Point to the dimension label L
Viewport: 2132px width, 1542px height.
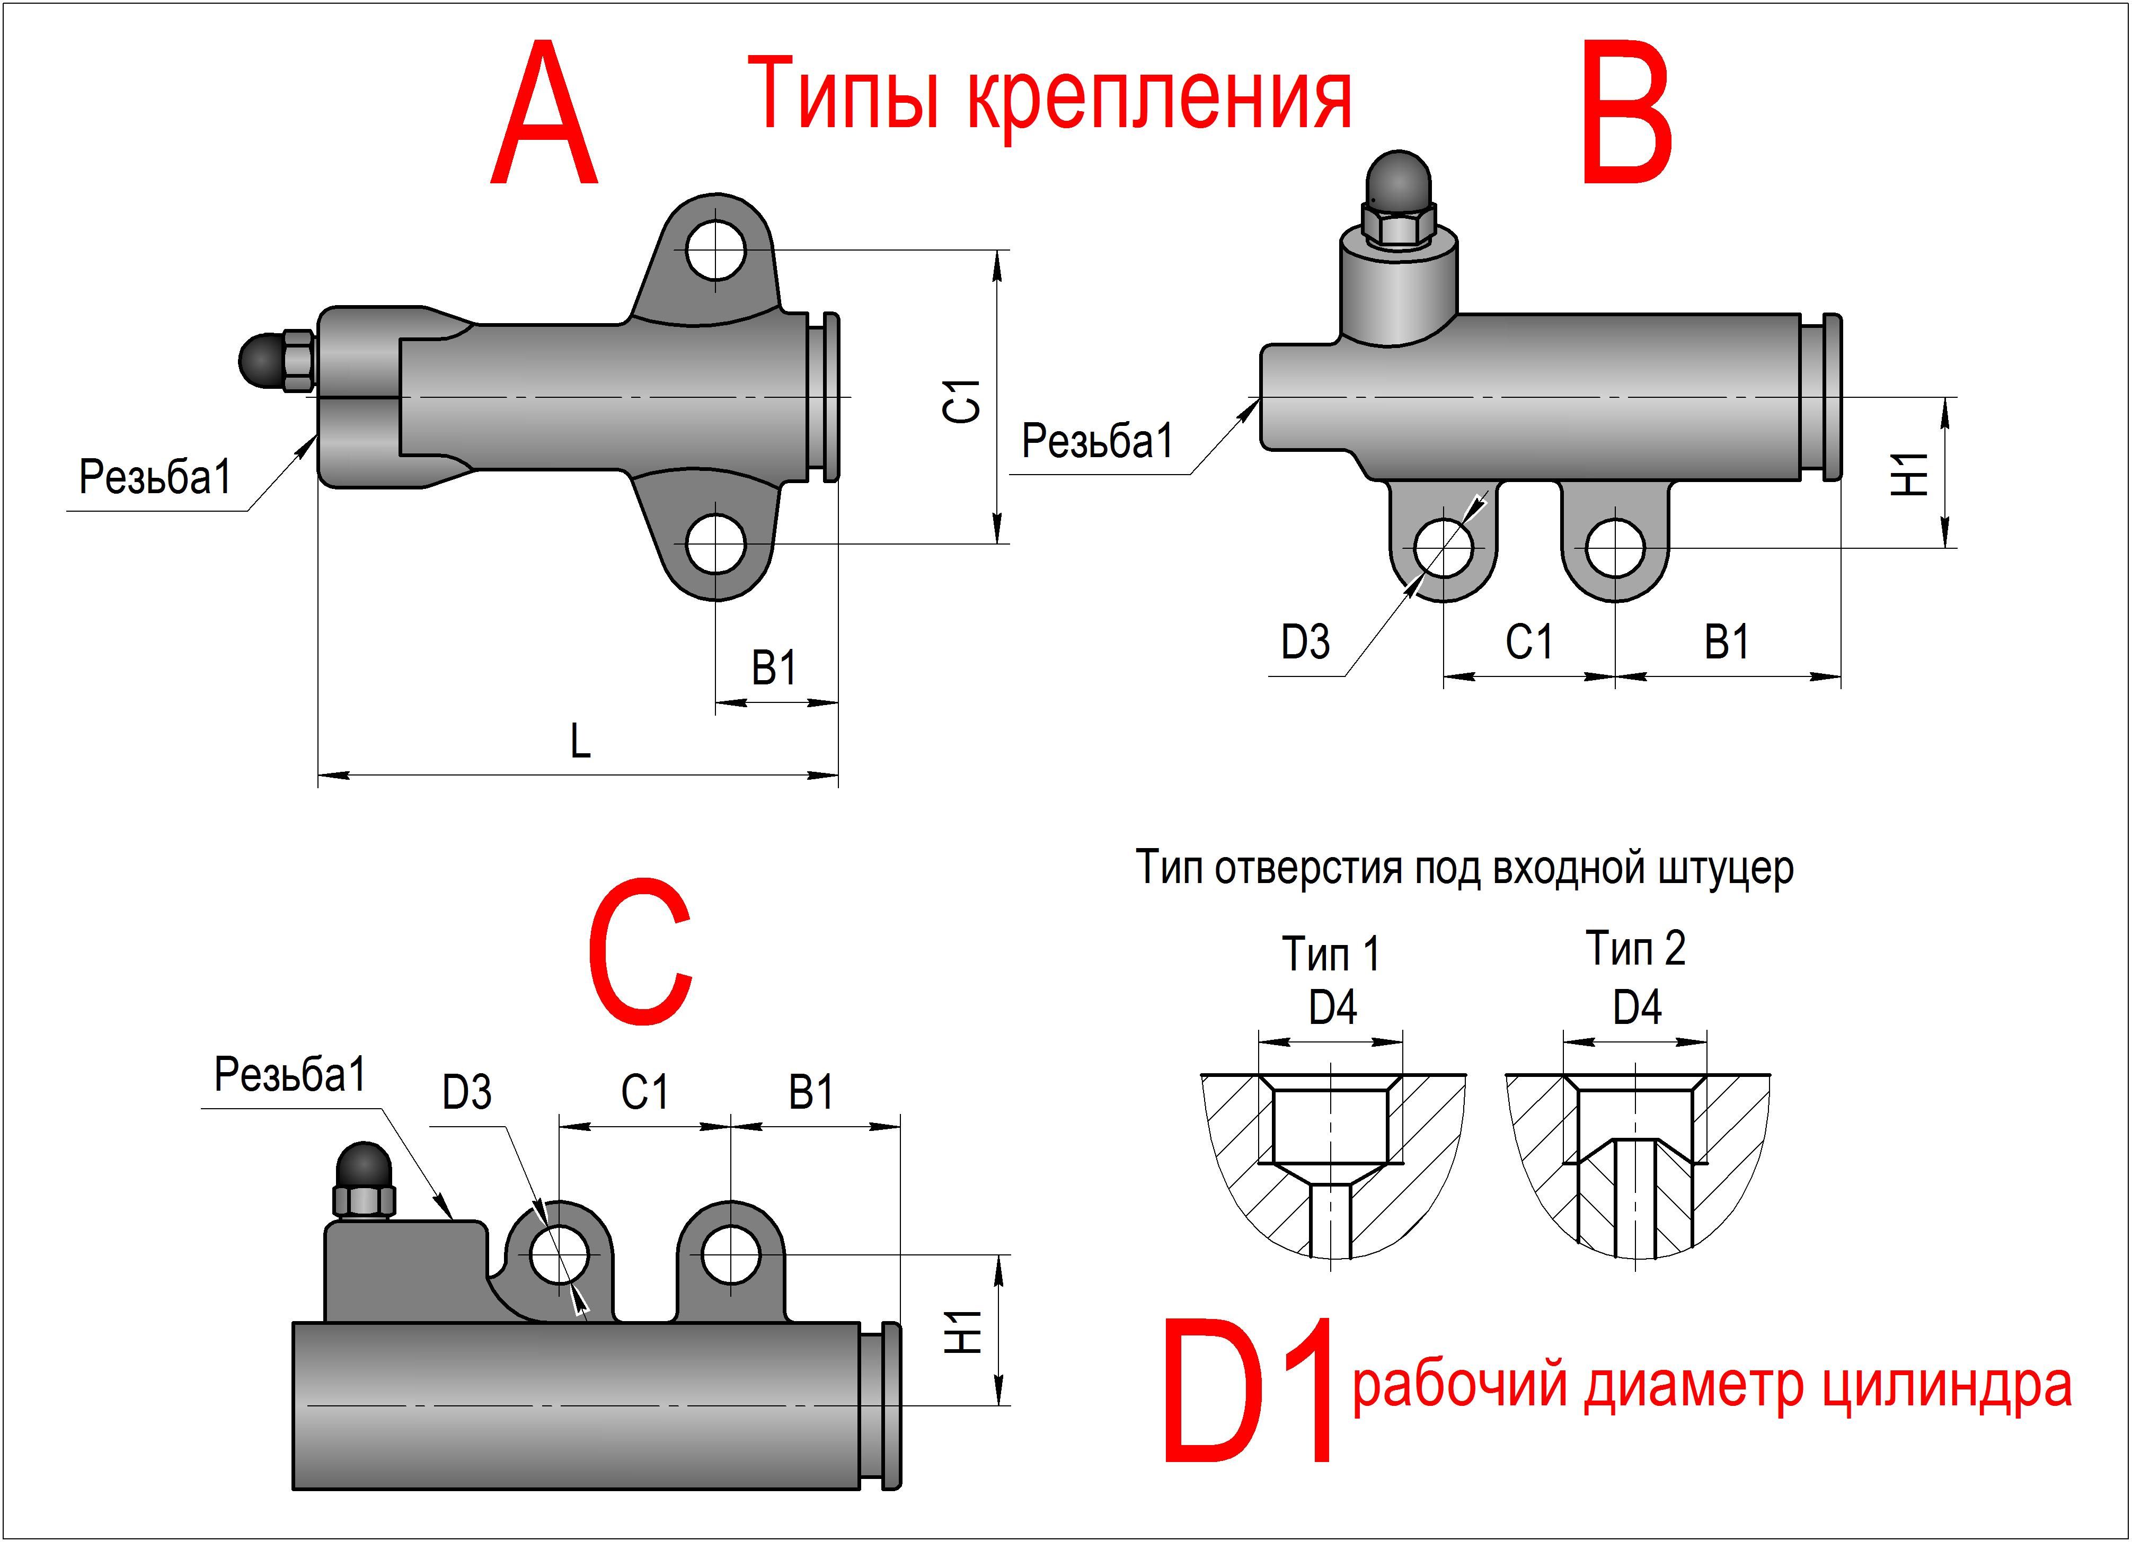click(x=580, y=742)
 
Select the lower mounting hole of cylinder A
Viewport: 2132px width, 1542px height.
click(x=715, y=544)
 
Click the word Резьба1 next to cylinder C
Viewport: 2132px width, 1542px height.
click(x=289, y=1074)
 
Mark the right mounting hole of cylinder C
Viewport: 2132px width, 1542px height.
click(x=730, y=1254)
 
